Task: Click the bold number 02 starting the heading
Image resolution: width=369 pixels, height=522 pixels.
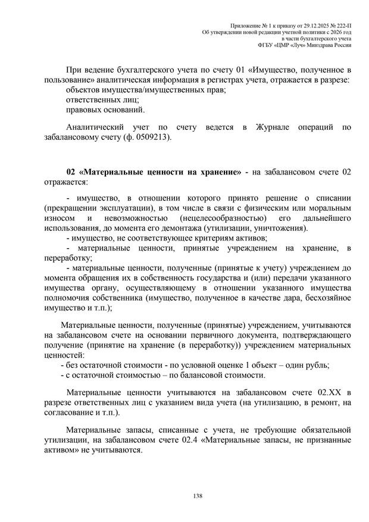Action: [x=72, y=171]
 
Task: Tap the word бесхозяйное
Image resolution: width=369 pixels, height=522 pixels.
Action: [x=325, y=298]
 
